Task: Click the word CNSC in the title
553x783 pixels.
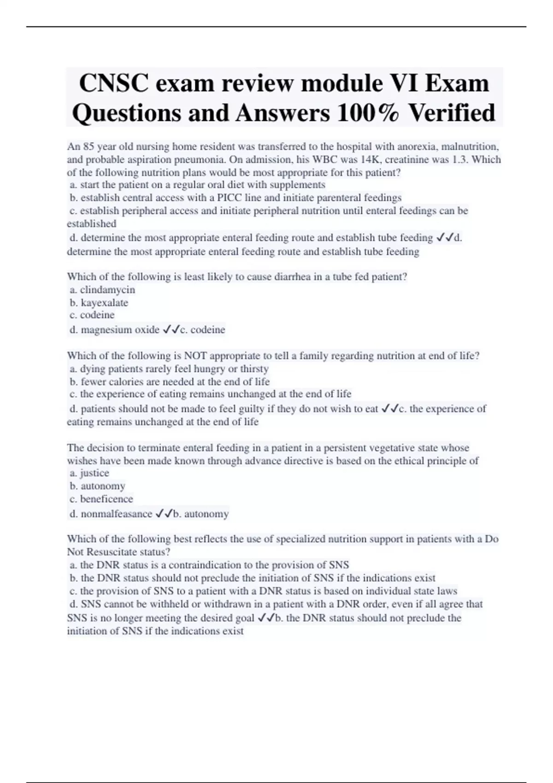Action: click(x=113, y=83)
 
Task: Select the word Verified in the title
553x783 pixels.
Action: click(x=452, y=113)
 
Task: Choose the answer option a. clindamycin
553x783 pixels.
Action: click(x=102, y=290)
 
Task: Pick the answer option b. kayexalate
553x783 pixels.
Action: click(x=99, y=303)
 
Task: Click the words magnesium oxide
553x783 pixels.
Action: click(x=120, y=330)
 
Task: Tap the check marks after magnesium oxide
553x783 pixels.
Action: click(x=171, y=330)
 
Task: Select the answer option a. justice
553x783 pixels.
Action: click(x=89, y=473)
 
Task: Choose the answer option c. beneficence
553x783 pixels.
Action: click(x=101, y=499)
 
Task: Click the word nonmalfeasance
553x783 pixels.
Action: click(x=117, y=514)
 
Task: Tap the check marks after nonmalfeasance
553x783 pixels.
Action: click(x=164, y=514)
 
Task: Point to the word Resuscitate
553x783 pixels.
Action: click(x=117, y=552)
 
